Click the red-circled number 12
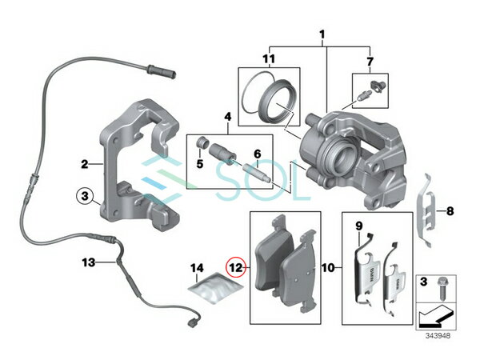point(236,268)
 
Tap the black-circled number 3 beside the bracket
point(85,196)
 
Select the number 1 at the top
point(322,34)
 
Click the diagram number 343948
point(438,336)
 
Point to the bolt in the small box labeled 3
point(442,288)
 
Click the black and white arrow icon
point(435,315)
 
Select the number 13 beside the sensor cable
point(89,262)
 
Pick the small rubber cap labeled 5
point(202,142)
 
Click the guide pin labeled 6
point(256,172)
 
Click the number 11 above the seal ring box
point(269,58)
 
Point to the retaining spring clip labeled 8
point(426,211)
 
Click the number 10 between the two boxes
point(329,268)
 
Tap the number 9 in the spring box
point(359,226)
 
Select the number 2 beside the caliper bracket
point(85,164)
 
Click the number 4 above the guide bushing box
point(228,117)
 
